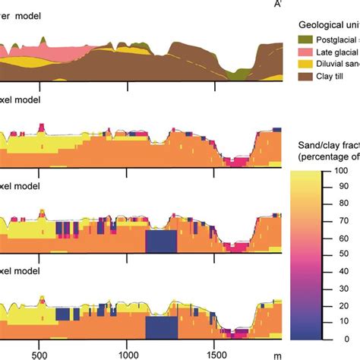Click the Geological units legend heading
click(327, 23)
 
